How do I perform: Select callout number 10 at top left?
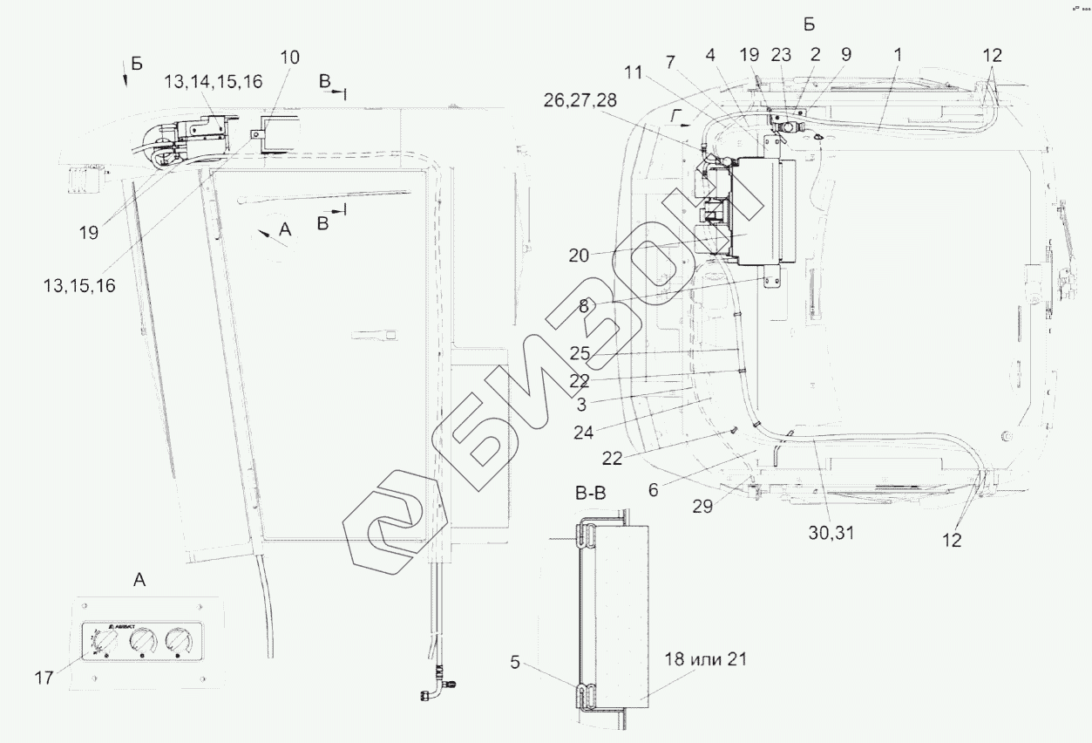click(289, 58)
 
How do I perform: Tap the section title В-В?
click(592, 494)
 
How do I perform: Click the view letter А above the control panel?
click(139, 579)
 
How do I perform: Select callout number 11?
click(634, 73)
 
